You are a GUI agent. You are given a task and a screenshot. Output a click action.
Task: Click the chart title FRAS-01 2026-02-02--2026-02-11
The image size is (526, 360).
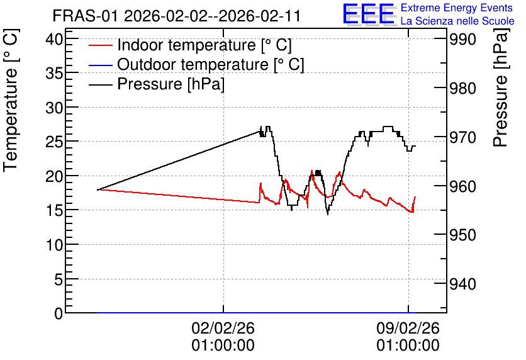tap(176, 16)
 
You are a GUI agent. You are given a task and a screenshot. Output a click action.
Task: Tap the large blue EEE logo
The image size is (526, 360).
tap(368, 14)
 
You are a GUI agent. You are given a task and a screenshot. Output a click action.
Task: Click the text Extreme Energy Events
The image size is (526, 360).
tap(457, 8)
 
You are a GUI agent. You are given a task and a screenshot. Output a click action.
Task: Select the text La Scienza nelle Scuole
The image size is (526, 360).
tap(457, 21)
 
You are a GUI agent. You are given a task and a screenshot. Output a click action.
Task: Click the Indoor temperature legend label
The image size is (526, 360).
tap(204, 45)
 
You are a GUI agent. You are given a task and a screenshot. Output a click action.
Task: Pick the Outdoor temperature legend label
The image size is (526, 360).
tap(211, 64)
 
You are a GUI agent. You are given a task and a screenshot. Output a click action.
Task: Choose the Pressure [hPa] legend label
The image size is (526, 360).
tap(171, 84)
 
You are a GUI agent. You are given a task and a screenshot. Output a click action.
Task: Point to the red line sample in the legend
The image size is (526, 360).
tap(100, 45)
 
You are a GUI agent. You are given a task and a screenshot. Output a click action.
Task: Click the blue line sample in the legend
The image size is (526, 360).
tap(100, 65)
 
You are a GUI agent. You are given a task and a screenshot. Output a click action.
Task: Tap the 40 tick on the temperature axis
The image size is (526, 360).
tap(54, 39)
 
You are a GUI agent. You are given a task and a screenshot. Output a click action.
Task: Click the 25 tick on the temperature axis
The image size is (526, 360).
tap(54, 142)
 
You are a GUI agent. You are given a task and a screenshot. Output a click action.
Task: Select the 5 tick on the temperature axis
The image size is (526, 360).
tap(59, 279)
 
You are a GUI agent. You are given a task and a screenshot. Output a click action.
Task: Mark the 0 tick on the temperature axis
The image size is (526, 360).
tap(59, 313)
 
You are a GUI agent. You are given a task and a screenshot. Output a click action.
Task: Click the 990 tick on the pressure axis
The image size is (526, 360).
tap(462, 40)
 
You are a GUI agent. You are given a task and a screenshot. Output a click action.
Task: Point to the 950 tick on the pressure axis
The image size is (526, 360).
tap(462, 235)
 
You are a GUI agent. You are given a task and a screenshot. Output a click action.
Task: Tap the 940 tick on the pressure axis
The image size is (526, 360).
tap(462, 284)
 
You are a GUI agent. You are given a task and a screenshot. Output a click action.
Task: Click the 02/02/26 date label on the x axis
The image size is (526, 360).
tap(223, 328)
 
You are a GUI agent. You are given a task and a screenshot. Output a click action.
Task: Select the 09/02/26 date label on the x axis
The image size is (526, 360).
tap(408, 328)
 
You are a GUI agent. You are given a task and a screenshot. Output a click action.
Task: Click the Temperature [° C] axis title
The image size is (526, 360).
tap(11, 100)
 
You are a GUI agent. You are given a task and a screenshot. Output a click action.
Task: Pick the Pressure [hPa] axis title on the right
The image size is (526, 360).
tap(501, 87)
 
